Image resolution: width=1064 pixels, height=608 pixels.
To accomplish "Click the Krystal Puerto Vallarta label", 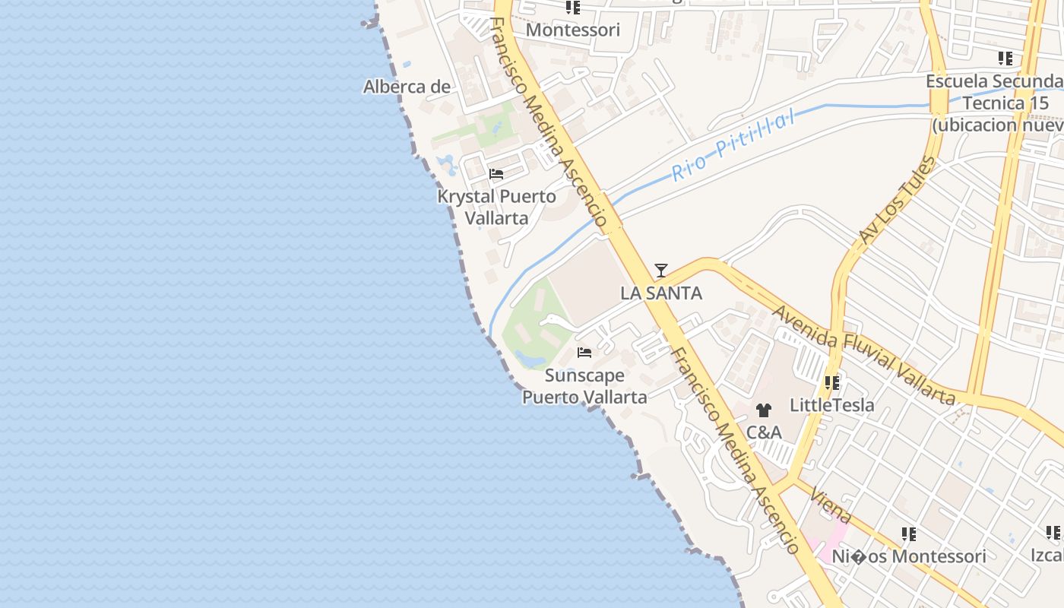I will click(496, 207).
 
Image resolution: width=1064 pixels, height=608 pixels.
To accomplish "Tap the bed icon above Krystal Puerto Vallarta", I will click(496, 174).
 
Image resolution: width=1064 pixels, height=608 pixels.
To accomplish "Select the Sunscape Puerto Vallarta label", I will click(584, 386).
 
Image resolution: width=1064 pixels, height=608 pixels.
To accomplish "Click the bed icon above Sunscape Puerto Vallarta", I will click(584, 353).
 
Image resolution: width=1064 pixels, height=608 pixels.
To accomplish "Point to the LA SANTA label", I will click(661, 293).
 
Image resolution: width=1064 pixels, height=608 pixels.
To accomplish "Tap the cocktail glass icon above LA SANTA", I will click(661, 271).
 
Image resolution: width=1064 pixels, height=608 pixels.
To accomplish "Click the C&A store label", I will click(764, 432).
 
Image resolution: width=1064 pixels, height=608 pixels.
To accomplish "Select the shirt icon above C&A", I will click(764, 410).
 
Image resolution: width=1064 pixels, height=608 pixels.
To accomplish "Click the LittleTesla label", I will click(832, 405).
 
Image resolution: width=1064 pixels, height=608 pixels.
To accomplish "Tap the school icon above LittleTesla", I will click(832, 383).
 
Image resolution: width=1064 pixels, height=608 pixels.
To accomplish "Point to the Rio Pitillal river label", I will click(733, 144).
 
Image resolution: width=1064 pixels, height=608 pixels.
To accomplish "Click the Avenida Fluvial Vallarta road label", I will click(864, 355).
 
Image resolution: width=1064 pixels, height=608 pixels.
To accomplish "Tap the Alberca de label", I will click(407, 87).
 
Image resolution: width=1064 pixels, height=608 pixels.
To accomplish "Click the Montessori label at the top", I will click(573, 30).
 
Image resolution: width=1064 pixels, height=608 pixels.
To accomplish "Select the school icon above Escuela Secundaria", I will click(1005, 59).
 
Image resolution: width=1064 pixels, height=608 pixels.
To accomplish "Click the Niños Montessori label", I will click(909, 556).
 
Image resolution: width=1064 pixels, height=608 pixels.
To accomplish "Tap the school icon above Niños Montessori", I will click(909, 534).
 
